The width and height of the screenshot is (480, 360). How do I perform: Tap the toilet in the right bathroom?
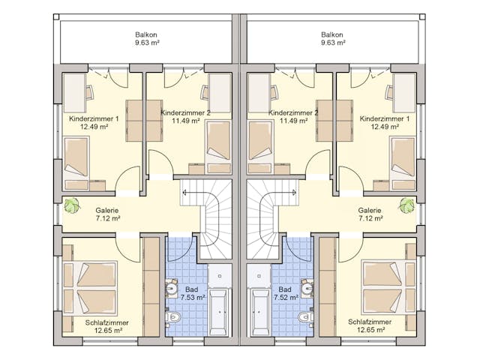305,316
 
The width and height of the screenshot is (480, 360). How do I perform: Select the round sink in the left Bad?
171,288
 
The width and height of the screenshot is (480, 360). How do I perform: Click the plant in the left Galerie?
72,205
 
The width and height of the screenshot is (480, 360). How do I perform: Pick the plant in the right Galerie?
406,205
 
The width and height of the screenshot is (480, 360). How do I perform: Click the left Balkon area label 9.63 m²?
147,43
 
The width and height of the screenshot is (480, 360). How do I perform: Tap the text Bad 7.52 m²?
285,293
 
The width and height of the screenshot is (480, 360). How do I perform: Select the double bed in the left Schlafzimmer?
90,288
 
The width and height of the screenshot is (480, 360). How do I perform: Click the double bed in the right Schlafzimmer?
388,287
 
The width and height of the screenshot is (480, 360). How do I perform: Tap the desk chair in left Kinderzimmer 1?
89,92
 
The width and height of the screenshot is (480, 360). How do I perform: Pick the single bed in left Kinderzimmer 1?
76,163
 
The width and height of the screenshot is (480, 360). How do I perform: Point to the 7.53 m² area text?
193,297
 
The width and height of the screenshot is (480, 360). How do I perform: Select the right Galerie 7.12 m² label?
370,214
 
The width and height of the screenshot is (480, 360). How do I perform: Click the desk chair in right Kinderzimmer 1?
389,92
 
